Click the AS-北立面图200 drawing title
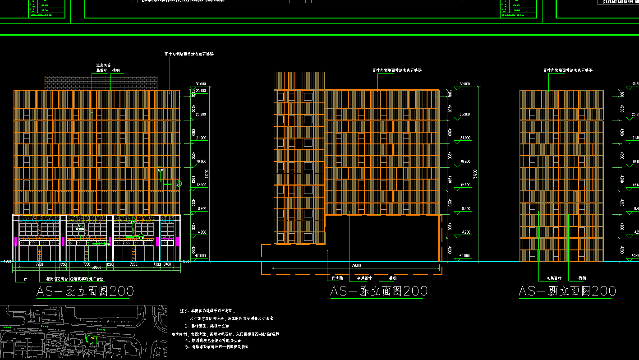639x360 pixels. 85,291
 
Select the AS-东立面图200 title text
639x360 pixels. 378,291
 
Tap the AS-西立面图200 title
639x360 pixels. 567,291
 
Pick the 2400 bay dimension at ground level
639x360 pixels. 167,264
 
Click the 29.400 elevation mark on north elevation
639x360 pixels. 200,91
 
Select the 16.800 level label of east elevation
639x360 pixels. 464,162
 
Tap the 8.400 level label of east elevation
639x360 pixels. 464,208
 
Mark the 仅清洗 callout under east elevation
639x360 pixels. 338,278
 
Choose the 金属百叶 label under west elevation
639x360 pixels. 554,278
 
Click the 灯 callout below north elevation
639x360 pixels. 25,280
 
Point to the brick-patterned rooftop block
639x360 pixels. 101,83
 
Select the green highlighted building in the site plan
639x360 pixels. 92,338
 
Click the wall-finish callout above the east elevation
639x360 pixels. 397,70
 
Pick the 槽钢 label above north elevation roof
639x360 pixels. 115,70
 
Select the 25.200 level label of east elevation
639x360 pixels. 464,115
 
